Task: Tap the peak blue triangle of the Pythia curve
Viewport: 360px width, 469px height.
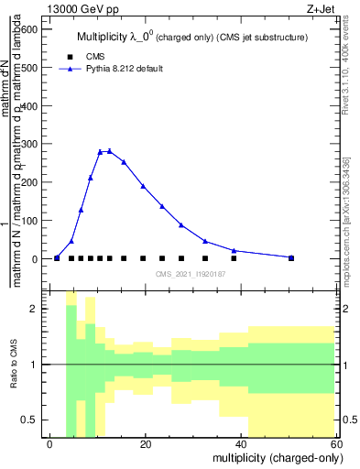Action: (x=109, y=151)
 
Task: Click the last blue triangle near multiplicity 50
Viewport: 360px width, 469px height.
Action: (x=291, y=257)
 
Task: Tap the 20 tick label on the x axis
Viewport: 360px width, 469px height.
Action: (x=146, y=443)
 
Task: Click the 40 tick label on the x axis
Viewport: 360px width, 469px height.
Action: (x=241, y=443)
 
